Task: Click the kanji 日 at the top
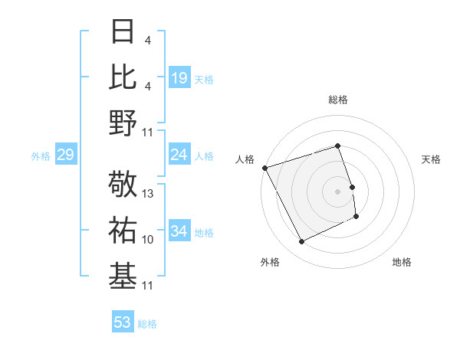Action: click(x=123, y=33)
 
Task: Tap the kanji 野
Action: click(x=123, y=123)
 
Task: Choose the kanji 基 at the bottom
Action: click(x=123, y=277)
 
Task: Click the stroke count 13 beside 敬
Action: click(x=149, y=194)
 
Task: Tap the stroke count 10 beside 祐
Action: click(x=149, y=240)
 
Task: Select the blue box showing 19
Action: click(x=179, y=77)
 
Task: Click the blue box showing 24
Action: click(x=179, y=155)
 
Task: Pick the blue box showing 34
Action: click(x=179, y=231)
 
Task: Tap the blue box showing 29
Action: click(x=65, y=155)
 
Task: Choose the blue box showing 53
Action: click(x=123, y=322)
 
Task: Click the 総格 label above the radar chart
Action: click(x=338, y=100)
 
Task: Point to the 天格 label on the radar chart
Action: click(x=431, y=159)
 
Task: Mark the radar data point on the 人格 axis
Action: click(x=264, y=168)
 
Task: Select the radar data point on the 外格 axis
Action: click(x=301, y=242)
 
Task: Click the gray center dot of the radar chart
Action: click(x=338, y=191)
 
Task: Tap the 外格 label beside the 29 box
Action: click(x=41, y=156)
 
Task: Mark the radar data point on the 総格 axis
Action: click(x=338, y=146)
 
